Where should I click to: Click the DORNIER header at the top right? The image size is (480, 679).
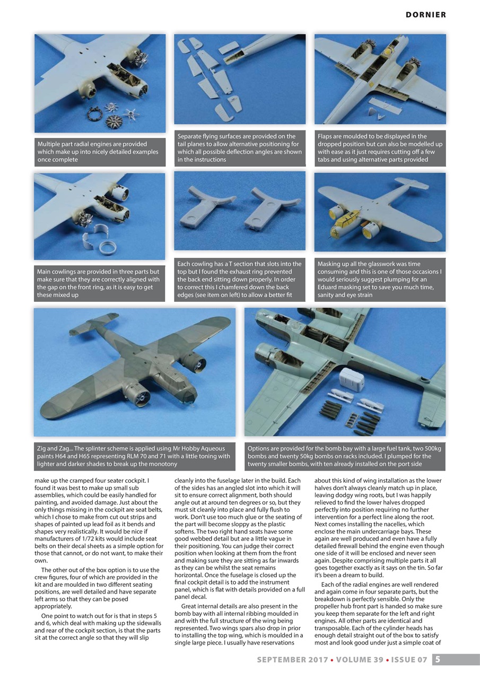[425, 15]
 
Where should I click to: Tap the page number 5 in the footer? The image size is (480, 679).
[437, 659]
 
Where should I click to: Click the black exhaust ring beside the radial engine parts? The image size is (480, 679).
[95, 112]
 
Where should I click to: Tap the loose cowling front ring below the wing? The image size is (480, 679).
[108, 246]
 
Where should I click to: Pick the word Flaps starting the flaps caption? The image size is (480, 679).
[326, 136]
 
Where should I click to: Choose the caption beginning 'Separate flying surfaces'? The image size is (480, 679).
[240, 148]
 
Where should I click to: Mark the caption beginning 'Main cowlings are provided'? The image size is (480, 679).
[99, 283]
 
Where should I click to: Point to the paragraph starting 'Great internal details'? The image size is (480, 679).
[240, 624]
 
